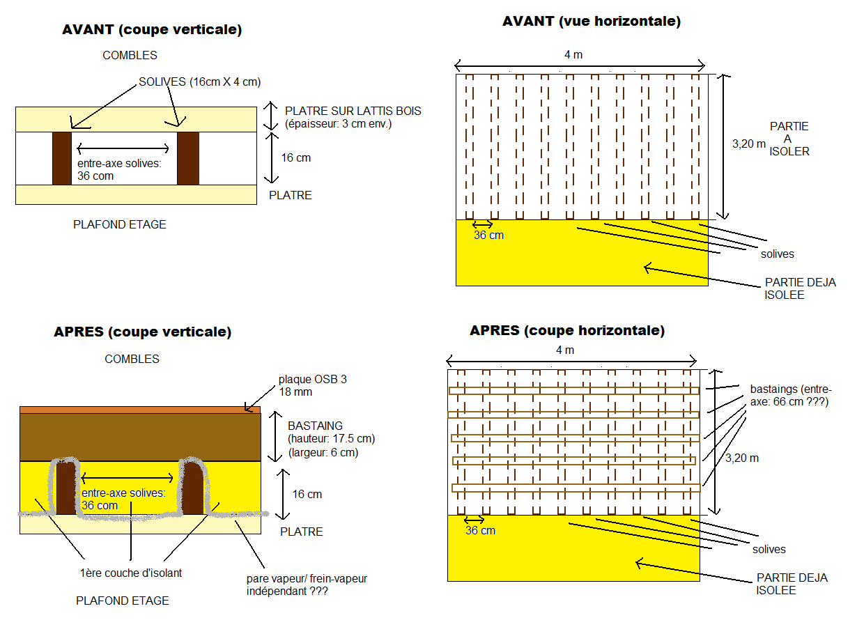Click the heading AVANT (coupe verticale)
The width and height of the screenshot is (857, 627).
tap(152, 30)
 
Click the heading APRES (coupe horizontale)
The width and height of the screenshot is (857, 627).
tap(567, 330)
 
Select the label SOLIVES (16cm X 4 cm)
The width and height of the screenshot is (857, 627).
tap(199, 82)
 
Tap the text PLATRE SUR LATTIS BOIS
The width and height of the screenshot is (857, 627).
tap(353, 111)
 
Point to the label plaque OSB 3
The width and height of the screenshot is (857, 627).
tap(312, 380)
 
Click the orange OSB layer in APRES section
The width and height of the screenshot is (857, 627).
tap(139, 410)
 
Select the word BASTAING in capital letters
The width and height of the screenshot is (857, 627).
tap(315, 426)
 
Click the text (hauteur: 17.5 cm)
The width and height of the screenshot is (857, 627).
tap(331, 440)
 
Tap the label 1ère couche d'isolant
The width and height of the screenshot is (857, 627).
tap(130, 573)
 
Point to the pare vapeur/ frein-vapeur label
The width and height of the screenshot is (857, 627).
tap(307, 585)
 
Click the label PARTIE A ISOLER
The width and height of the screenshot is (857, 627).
tap(789, 139)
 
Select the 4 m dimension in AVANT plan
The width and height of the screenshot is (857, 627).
tap(573, 54)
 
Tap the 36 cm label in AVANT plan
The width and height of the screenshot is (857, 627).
tap(488, 235)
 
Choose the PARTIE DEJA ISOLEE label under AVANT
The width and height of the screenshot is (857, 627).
tap(800, 289)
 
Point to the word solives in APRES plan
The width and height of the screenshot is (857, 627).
tap(769, 550)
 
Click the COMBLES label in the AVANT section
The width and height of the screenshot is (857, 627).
tap(130, 55)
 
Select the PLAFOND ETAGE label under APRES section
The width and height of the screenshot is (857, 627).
tap(122, 601)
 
